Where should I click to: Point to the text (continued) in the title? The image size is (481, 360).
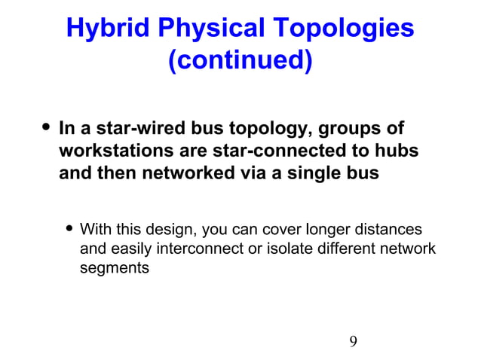coord(240,60)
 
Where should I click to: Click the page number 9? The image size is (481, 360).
coord(353,342)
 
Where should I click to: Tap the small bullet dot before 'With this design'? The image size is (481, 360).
coord(70,228)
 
